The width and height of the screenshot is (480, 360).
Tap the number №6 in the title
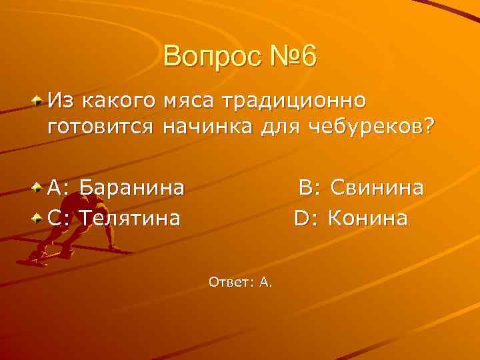coord(288,57)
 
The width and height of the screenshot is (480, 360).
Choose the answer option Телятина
coord(130,218)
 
